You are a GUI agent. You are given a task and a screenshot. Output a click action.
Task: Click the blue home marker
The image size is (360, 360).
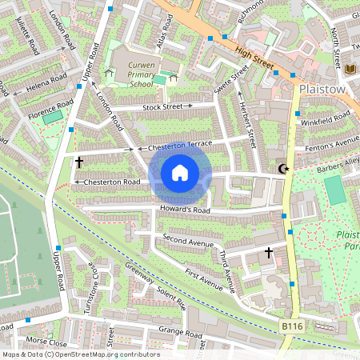click(x=180, y=173)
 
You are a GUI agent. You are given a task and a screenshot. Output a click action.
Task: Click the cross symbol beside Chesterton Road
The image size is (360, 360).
click(x=78, y=162)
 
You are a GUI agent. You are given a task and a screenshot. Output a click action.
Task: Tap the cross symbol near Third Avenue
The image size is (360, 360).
click(x=268, y=253)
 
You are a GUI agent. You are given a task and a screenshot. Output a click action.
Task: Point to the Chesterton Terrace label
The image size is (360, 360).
click(x=174, y=146)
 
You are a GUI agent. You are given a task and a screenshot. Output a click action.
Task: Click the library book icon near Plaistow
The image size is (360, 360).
click(x=350, y=70)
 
